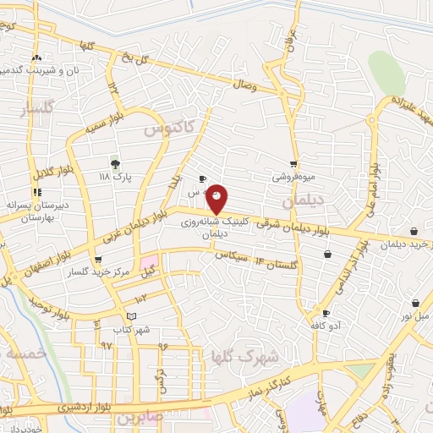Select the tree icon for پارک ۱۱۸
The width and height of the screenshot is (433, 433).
pos(115,163)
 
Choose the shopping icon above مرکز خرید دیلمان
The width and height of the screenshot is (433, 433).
pos(414,232)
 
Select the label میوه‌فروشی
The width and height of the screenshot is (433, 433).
pos(292,178)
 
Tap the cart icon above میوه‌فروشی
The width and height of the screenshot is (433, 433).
pos(293,164)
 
